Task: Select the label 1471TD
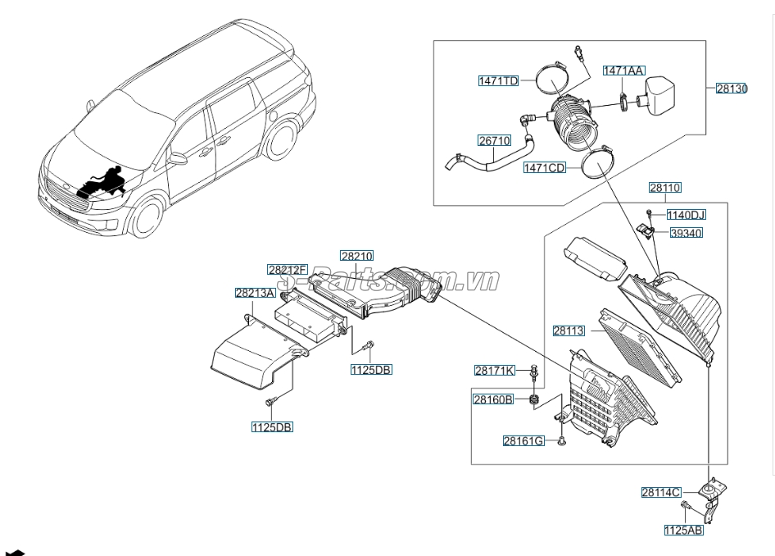pyautogui.click(x=499, y=80)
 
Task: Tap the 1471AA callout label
pyautogui.click(x=623, y=71)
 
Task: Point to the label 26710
pyautogui.click(x=495, y=141)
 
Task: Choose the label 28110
pyautogui.click(x=664, y=188)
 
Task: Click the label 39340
pyautogui.click(x=686, y=233)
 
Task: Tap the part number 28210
pyautogui.click(x=356, y=256)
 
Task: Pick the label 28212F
pyautogui.click(x=287, y=269)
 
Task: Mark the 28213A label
pyautogui.click(x=255, y=293)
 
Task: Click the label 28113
pyautogui.click(x=569, y=330)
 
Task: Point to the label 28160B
pyautogui.click(x=493, y=399)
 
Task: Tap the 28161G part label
pyautogui.click(x=523, y=440)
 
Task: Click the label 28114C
pyautogui.click(x=661, y=492)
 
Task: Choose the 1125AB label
pyautogui.click(x=683, y=531)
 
